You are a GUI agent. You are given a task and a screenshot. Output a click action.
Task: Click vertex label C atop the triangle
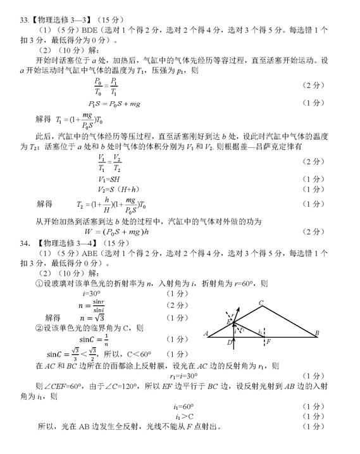(260, 303)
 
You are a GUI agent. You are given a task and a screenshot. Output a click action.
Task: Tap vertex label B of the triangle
(316, 333)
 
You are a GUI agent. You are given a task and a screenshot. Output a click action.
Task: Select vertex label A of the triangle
(206, 333)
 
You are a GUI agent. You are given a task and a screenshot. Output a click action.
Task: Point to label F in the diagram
(269, 341)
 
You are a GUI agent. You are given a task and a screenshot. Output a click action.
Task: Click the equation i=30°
(91, 294)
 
